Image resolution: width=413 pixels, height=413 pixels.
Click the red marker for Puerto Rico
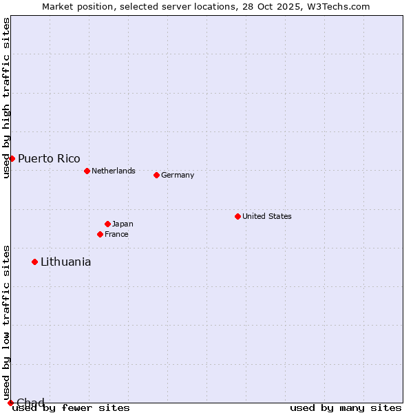(x=12, y=158)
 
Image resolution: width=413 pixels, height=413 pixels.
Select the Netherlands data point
(x=87, y=171)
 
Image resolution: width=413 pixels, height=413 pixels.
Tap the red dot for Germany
(x=156, y=175)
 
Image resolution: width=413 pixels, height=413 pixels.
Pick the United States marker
(x=237, y=216)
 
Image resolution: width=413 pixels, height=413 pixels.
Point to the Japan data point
(x=107, y=224)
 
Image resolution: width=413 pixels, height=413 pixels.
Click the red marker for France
(x=100, y=234)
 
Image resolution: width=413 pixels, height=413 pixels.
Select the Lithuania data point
(x=34, y=262)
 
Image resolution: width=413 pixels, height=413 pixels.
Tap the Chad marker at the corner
(x=10, y=403)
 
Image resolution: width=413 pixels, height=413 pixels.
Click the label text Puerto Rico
(x=49, y=158)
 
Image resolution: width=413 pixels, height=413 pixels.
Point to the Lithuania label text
(x=65, y=262)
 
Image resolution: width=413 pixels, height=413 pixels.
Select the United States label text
(x=267, y=216)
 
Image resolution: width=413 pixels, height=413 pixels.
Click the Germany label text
(x=178, y=175)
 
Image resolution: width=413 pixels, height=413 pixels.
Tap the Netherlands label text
(x=114, y=171)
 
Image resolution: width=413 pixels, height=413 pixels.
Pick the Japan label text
(x=123, y=224)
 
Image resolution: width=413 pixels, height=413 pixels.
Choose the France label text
(x=116, y=234)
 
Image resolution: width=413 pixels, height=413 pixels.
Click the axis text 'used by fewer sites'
(x=72, y=407)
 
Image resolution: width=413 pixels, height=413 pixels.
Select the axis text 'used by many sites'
(x=346, y=407)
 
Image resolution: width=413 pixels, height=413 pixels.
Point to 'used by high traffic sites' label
(x=6, y=98)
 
